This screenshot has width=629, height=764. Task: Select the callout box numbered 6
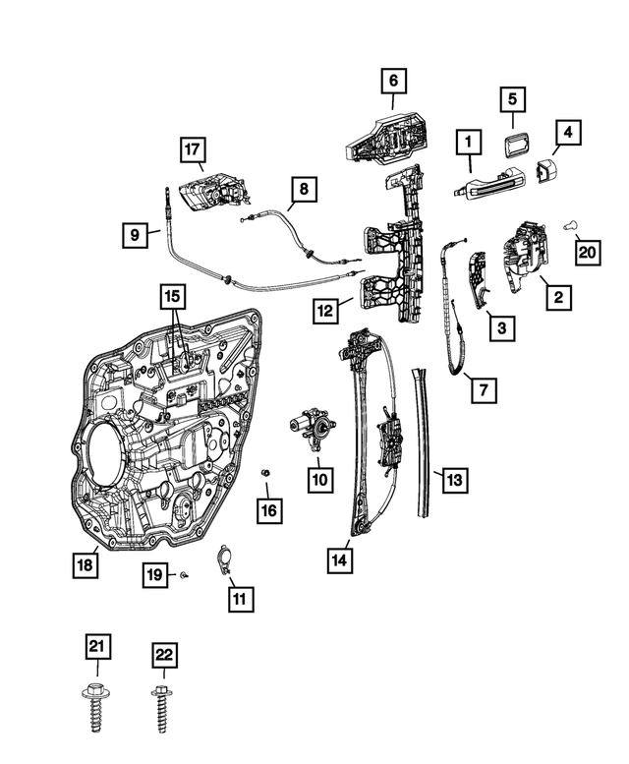(393, 80)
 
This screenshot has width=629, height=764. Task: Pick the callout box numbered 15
(172, 296)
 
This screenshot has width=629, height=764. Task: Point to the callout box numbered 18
(86, 564)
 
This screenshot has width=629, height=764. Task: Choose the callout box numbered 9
(136, 234)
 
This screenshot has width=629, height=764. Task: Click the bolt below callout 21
(95, 705)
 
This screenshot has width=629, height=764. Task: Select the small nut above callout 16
(265, 474)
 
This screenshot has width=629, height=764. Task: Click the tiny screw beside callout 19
(184, 573)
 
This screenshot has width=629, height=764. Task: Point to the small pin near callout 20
(570, 225)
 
